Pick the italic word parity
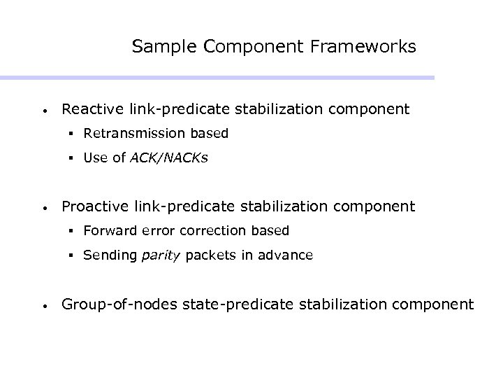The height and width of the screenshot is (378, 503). pos(161,255)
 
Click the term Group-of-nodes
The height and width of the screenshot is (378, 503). pos(115,304)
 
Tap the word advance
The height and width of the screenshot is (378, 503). pos(287,255)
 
